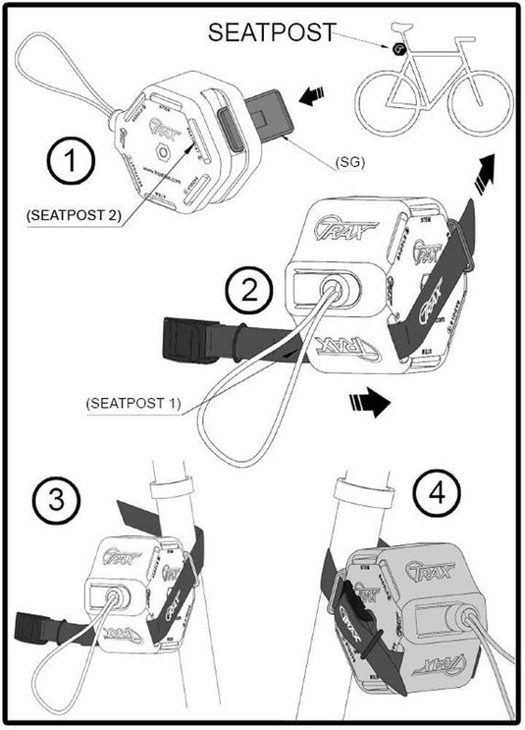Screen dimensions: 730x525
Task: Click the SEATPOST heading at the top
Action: (271, 33)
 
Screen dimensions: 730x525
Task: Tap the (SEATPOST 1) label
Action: (131, 402)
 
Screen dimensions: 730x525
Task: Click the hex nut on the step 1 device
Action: (163, 156)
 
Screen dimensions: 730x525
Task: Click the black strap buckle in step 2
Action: (186, 337)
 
